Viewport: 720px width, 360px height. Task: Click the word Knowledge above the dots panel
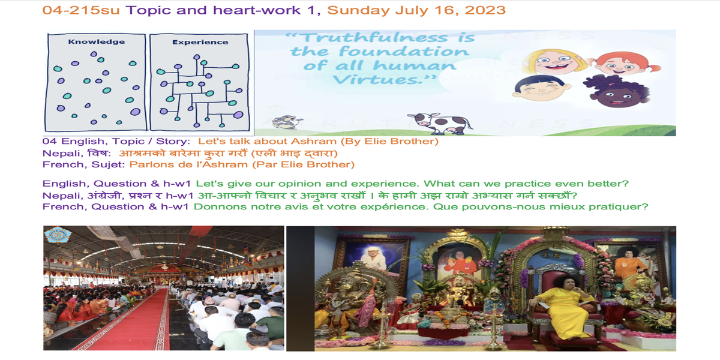(97, 42)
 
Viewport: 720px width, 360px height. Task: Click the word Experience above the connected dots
(200, 42)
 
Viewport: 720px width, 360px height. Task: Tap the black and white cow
(439, 123)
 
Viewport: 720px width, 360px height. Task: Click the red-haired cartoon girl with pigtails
(623, 64)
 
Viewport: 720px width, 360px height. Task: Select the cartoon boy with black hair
(541, 88)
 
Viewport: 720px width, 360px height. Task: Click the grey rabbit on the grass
(286, 122)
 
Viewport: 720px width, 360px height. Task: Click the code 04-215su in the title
(81, 10)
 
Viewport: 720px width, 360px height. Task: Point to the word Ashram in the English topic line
(313, 141)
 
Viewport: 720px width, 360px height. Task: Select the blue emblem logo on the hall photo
(57, 235)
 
